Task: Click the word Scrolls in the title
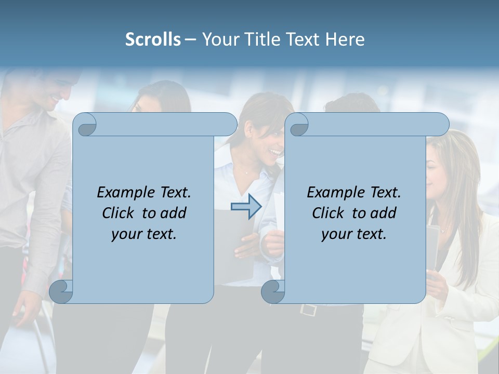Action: [153, 39]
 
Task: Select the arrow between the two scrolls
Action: [246, 207]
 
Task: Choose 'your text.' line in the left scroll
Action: [144, 234]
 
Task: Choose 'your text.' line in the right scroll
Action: [354, 234]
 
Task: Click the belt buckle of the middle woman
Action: [308, 310]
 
